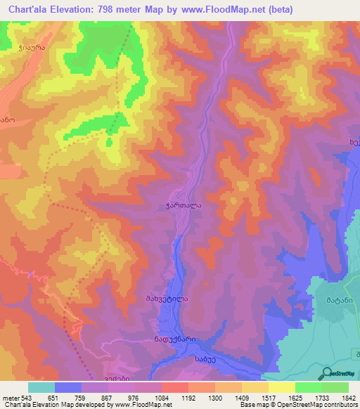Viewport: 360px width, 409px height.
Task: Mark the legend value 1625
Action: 307,397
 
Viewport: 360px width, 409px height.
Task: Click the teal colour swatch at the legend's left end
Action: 41,387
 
